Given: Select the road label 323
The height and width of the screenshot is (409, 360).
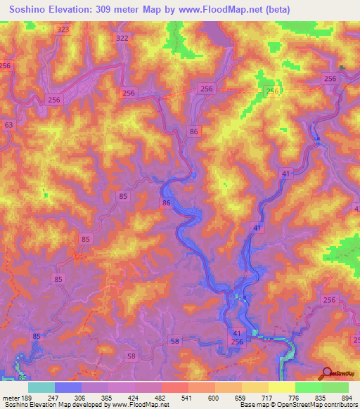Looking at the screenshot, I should [64, 29].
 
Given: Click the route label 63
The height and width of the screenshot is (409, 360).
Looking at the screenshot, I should [8, 125].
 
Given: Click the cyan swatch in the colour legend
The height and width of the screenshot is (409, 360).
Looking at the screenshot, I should [41, 387].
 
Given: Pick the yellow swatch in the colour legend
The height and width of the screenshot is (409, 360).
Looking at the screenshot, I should [281, 387].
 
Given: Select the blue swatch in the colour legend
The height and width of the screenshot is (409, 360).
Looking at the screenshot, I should [68, 387].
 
